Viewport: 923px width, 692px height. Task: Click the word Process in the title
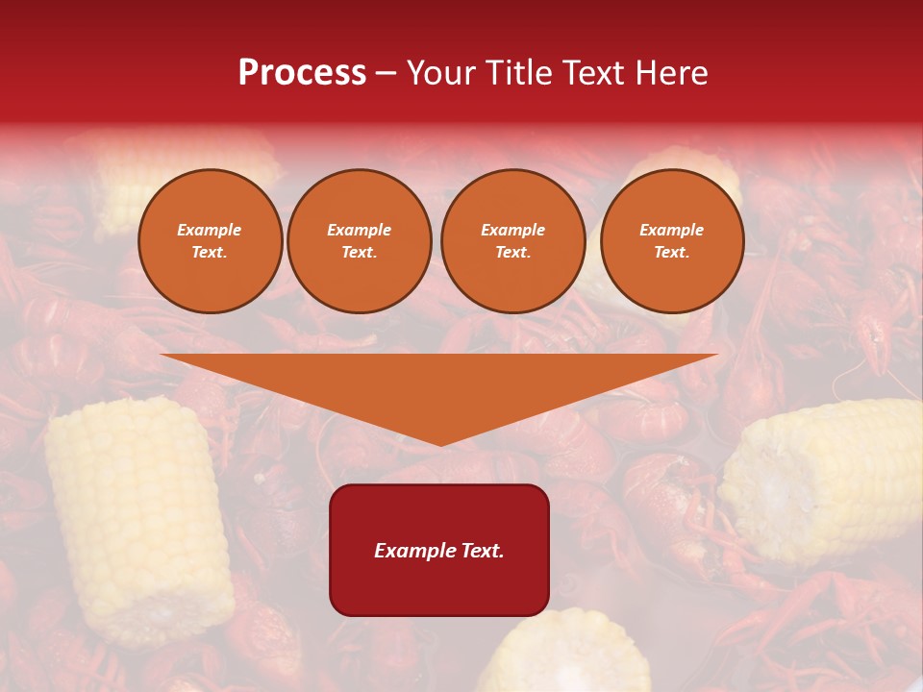click(x=302, y=73)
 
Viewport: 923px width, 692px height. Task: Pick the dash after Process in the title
click(x=386, y=75)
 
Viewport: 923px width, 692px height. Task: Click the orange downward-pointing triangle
click(x=439, y=384)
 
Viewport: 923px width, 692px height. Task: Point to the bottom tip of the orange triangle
click(x=440, y=443)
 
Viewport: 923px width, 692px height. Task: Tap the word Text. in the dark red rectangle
click(x=480, y=551)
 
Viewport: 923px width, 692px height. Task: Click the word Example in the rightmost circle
click(x=671, y=230)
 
